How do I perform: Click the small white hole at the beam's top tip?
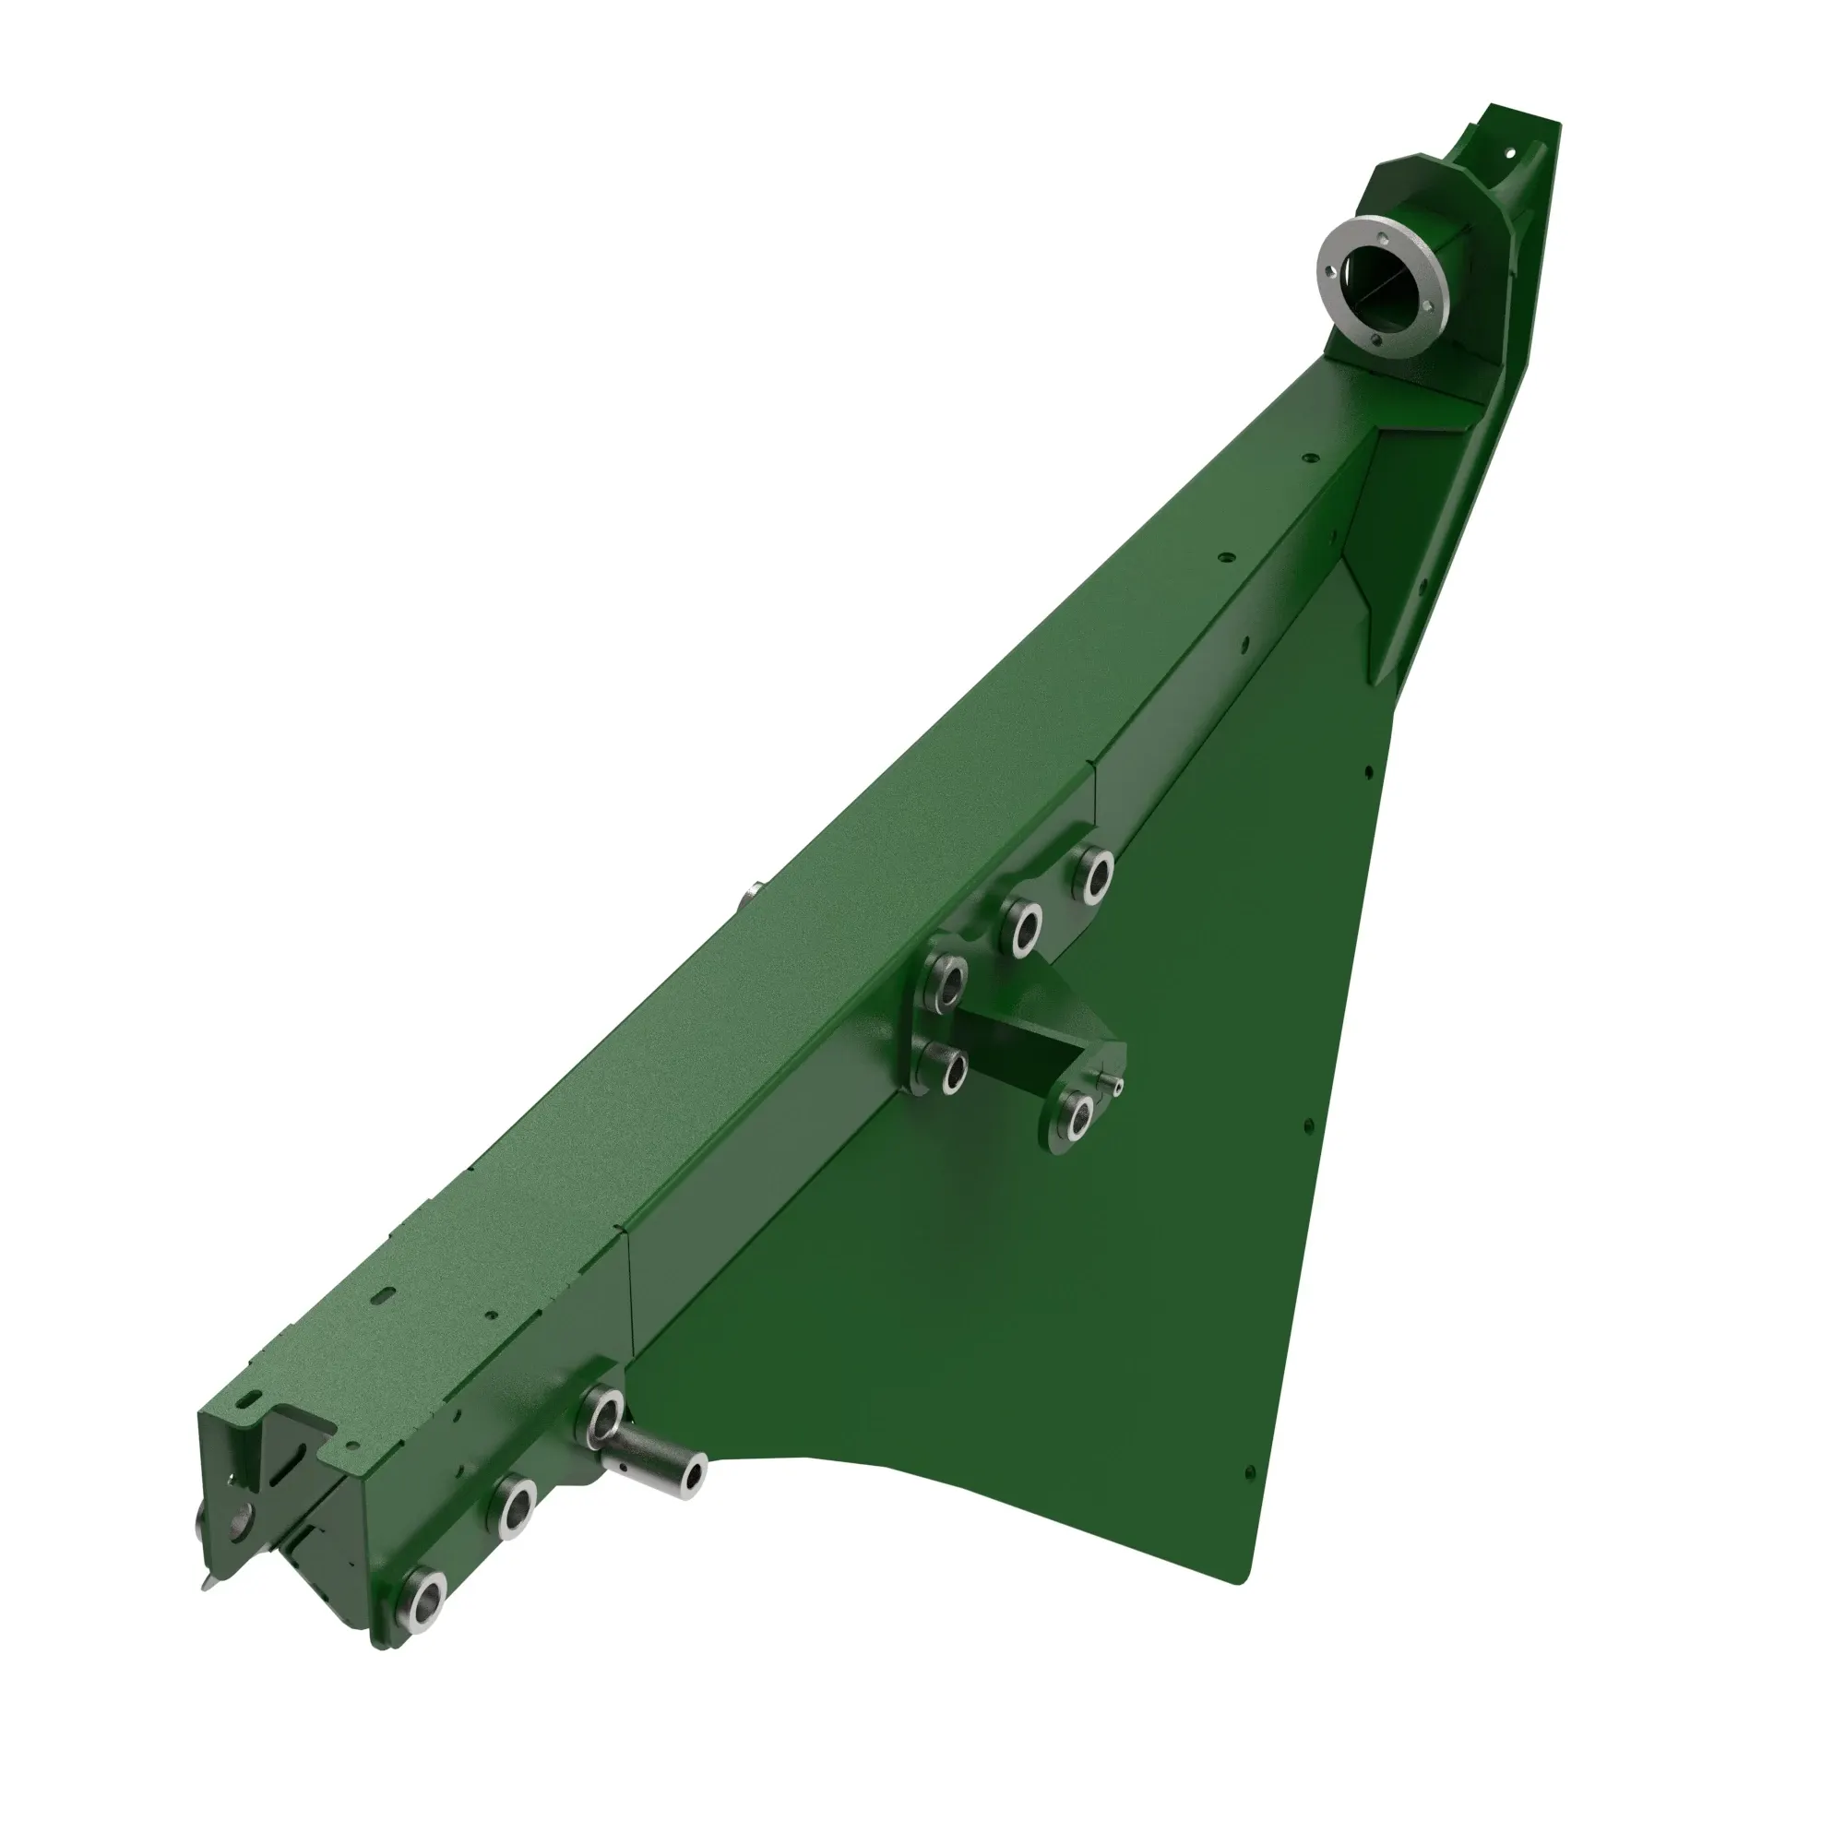[x=1511, y=152]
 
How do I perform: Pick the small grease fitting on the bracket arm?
[x=1113, y=1080]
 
